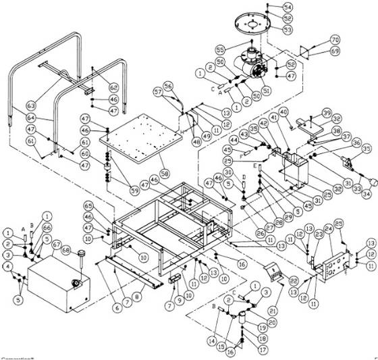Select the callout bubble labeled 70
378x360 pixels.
coord(335,40)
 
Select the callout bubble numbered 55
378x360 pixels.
coord(219,50)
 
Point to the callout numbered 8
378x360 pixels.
coord(139,296)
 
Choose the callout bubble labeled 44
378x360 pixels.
coord(225,140)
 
